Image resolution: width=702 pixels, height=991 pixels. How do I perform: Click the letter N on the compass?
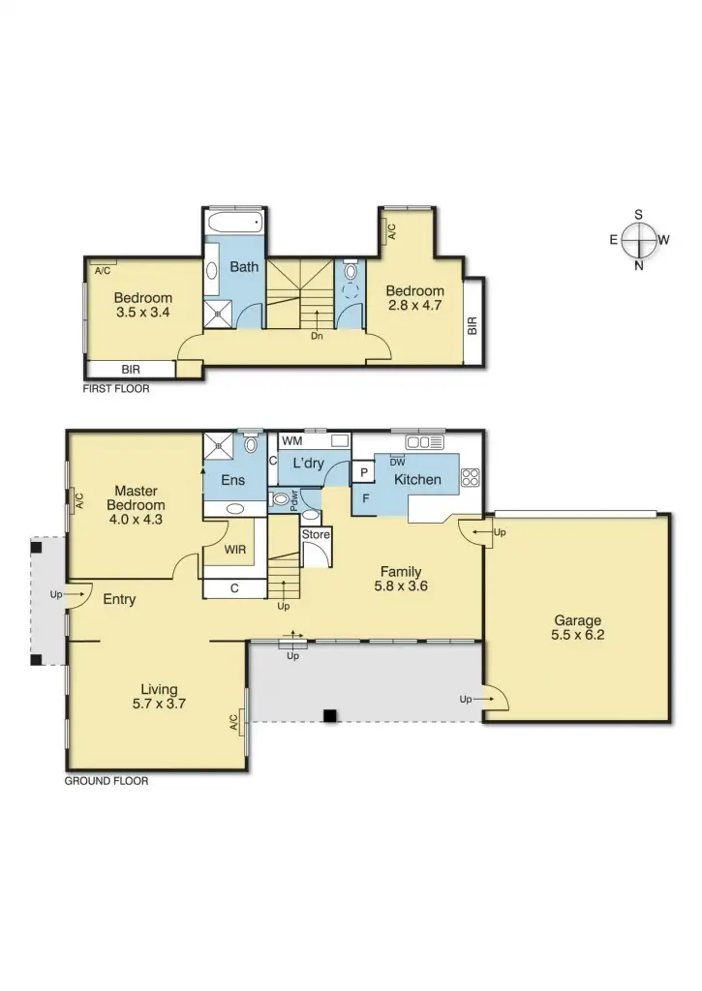638,266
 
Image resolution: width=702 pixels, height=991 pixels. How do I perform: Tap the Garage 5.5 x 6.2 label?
577,628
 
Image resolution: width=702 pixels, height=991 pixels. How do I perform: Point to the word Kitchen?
418,479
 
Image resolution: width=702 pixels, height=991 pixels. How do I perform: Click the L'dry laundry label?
308,464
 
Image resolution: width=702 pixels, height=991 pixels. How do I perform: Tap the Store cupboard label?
316,534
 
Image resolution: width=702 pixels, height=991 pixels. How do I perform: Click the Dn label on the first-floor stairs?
317,337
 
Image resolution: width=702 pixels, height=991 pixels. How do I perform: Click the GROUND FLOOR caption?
107,780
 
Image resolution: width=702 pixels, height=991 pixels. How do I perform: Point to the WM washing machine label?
291,441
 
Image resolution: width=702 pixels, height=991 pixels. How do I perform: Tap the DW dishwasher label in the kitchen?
397,462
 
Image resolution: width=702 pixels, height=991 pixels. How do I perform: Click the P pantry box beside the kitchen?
363,472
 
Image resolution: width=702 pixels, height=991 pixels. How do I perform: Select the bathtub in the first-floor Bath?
234,223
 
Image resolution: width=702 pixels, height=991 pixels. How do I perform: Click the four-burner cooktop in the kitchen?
471,476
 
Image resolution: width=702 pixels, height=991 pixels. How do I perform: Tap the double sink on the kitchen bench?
424,442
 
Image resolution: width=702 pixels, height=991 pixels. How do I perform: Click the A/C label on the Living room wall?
233,722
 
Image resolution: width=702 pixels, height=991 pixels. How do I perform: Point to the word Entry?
119,599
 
